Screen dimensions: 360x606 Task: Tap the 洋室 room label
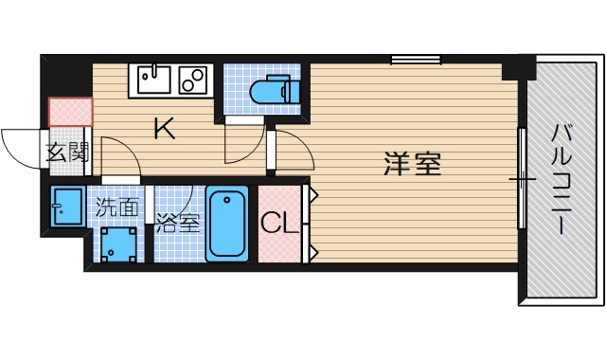[413, 163]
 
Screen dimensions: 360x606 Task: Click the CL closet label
[279, 224]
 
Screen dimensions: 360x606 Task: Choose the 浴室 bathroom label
[178, 225]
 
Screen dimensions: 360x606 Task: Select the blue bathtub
[227, 224]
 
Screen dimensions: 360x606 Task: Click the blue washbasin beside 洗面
[67, 208]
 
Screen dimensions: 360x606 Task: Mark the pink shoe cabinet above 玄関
[70, 112]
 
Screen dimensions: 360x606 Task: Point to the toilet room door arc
[241, 147]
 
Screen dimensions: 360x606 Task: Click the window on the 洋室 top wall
[416, 60]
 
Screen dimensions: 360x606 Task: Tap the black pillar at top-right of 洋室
[518, 68]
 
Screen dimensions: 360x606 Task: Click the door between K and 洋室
[289, 152]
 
